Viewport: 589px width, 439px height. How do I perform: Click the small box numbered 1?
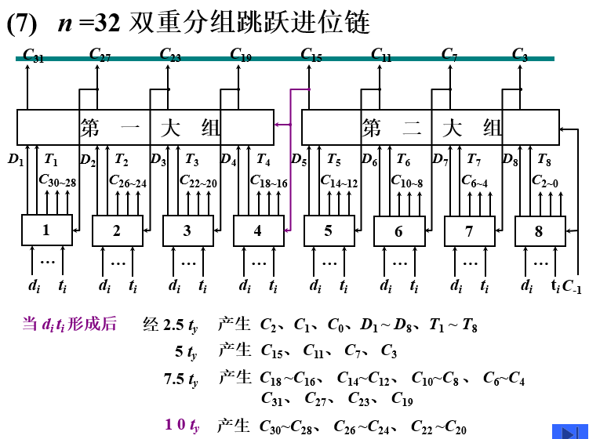46,230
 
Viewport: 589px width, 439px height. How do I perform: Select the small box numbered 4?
258,230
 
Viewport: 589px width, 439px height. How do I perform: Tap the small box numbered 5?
329,230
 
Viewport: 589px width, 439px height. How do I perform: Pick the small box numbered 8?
540,231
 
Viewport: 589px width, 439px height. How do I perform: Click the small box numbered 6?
398,231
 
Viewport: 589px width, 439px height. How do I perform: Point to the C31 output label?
34,55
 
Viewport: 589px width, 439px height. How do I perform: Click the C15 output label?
311,55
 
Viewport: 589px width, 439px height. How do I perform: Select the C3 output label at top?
520,55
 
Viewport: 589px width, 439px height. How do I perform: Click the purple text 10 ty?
182,425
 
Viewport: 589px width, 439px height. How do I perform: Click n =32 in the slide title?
88,23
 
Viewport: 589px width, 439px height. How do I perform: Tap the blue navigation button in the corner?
569,431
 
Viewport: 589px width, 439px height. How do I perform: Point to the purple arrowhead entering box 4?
287,230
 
